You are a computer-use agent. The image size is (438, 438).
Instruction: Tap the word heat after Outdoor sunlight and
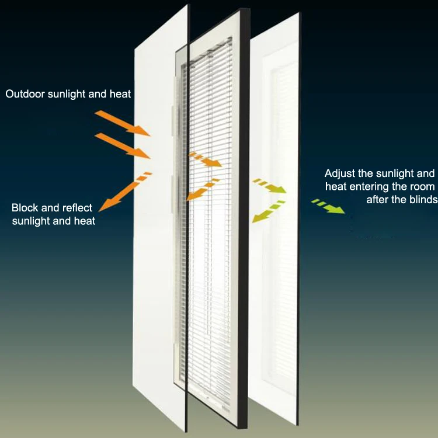120,93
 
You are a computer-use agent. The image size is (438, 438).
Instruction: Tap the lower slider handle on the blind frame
173,193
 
